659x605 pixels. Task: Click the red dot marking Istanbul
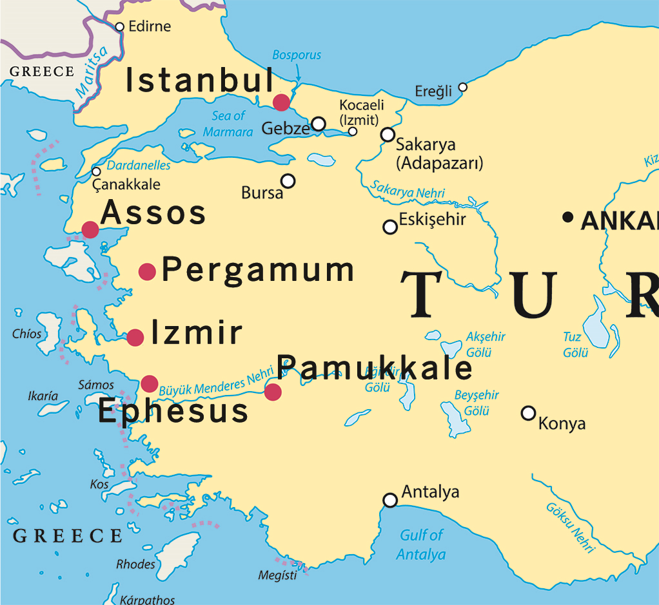[281, 102]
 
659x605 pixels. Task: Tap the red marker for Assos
[90, 229]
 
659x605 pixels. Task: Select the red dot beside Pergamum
[148, 272]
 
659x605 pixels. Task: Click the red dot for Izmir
[135, 338]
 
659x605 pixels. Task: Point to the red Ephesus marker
[150, 383]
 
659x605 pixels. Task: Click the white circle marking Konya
[528, 413]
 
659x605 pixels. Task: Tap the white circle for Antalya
[390, 500]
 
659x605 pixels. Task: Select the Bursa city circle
[288, 181]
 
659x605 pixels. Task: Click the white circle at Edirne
[119, 27]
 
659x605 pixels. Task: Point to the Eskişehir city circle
[389, 227]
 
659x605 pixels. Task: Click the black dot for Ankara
[567, 217]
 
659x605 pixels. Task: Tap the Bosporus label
[297, 55]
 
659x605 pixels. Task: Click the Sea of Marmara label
[228, 124]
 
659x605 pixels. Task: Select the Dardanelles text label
[139, 166]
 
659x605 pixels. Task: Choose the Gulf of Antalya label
[421, 544]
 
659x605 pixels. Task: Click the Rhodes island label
[135, 564]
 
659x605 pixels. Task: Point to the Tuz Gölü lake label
[574, 345]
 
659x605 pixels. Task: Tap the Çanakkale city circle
[96, 171]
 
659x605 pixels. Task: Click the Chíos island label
[26, 334]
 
